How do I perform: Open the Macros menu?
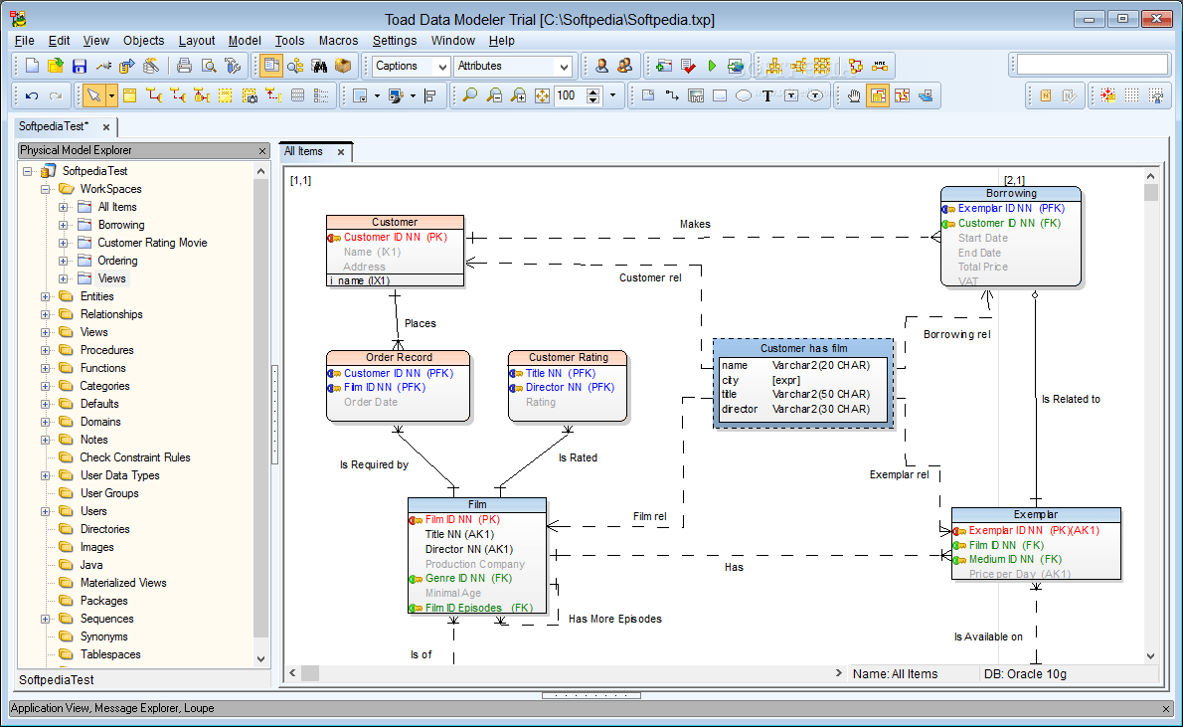(x=338, y=41)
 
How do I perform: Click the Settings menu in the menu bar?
(x=395, y=41)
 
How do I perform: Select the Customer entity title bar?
(x=395, y=222)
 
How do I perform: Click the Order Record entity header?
(x=399, y=358)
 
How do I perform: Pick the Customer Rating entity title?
(x=568, y=358)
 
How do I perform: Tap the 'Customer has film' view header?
(x=803, y=349)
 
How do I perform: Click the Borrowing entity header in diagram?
(x=1010, y=194)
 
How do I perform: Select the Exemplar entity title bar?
(x=1036, y=515)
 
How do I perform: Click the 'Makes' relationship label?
(x=695, y=225)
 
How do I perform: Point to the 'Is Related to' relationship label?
(x=1071, y=400)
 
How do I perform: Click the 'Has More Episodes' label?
(x=614, y=619)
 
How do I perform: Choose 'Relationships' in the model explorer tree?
(x=111, y=314)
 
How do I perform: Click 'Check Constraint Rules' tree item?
(x=135, y=457)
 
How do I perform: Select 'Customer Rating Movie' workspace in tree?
(x=152, y=243)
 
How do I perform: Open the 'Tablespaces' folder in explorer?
(x=110, y=654)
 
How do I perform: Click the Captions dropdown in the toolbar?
(x=411, y=67)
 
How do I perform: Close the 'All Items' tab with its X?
(x=340, y=152)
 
